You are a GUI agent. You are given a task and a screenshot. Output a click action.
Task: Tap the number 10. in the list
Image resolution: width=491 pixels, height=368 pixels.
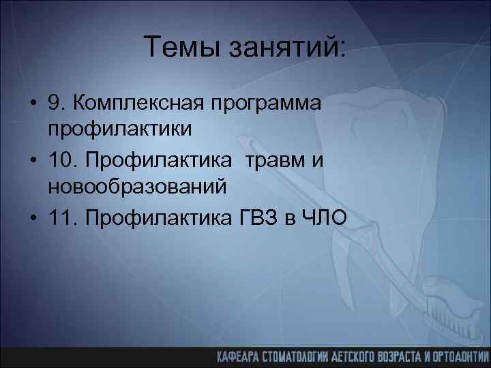click(x=62, y=160)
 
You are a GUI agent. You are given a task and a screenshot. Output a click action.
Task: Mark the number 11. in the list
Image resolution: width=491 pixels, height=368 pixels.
click(x=62, y=217)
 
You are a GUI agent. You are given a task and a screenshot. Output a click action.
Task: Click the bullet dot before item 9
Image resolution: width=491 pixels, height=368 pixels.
click(x=33, y=104)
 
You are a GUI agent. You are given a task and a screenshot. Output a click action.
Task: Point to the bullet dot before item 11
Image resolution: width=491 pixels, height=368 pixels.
click(x=33, y=217)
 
